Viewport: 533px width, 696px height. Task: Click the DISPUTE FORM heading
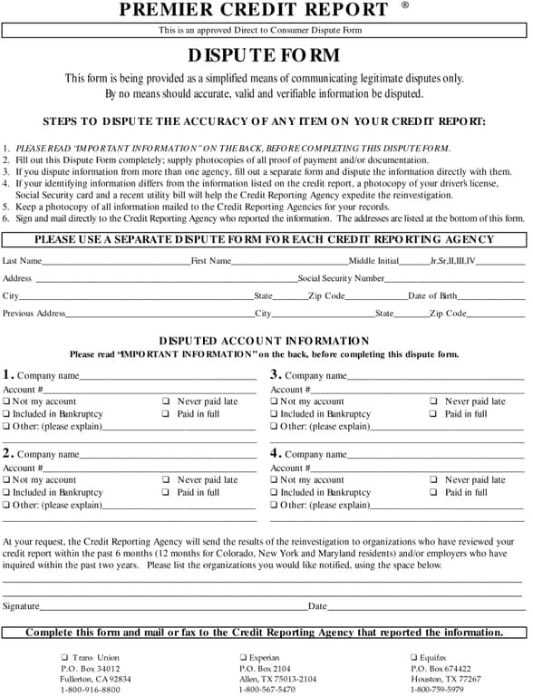(265, 55)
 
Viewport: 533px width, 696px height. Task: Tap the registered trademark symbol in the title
(404, 5)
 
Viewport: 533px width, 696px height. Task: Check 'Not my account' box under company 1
(7, 401)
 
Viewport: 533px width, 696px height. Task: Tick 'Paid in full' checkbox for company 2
(166, 493)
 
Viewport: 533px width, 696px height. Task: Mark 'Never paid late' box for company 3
(433, 401)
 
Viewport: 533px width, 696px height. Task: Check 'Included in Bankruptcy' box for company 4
(275, 493)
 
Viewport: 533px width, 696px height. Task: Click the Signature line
(172, 606)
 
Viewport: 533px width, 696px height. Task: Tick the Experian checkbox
(243, 658)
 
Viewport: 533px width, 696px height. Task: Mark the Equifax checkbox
(413, 658)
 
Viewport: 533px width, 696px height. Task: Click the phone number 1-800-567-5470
(268, 690)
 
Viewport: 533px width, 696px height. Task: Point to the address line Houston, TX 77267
(445, 679)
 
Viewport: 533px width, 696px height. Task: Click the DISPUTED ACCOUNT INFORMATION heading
(264, 341)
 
